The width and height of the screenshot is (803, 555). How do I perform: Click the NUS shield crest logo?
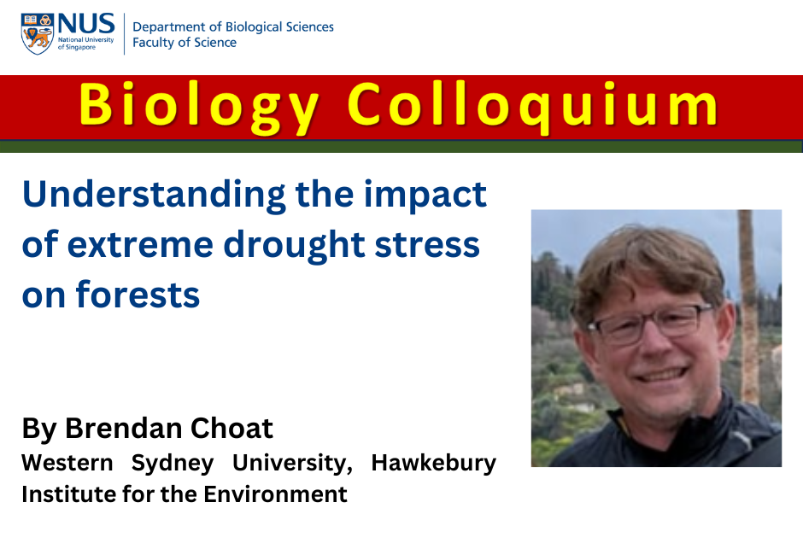[38, 34]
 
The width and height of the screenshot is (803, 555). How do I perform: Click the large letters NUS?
[86, 24]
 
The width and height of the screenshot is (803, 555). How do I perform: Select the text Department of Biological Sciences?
[233, 26]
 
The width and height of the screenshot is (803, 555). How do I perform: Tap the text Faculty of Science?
[185, 43]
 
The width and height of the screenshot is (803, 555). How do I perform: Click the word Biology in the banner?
[199, 107]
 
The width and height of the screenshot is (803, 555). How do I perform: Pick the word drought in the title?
[294, 246]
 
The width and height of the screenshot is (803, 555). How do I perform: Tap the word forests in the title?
[138, 295]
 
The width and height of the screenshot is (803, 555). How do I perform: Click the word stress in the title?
[427, 246]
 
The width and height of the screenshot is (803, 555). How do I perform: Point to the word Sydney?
[173, 464]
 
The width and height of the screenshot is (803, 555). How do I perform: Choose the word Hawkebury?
[434, 464]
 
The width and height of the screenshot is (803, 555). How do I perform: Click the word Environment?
[276, 494]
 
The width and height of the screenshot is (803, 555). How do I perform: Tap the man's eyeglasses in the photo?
[649, 323]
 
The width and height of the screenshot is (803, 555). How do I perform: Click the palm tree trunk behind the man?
[747, 307]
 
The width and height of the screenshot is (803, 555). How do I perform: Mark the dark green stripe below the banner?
[401, 146]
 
